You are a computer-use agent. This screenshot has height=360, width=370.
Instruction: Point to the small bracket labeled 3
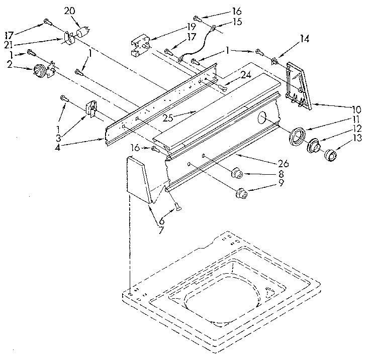coord(90,109)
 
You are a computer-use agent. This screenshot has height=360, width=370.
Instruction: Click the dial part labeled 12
coord(315,146)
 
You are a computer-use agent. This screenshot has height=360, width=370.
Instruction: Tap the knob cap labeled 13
coord(331,156)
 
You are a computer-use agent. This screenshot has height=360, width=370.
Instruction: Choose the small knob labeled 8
coord(237,174)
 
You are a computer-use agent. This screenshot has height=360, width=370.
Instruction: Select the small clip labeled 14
coord(275,61)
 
